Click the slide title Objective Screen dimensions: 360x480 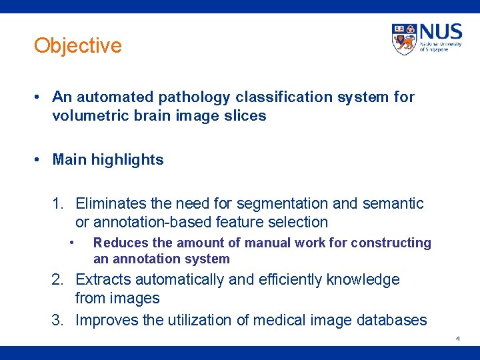click(x=78, y=46)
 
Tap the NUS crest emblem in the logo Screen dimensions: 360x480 click(x=404, y=39)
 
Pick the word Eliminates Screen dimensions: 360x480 click(x=109, y=203)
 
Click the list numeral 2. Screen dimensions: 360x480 click(x=57, y=279)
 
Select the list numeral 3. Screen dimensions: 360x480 click(x=57, y=320)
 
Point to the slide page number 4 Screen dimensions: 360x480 click(x=457, y=339)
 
